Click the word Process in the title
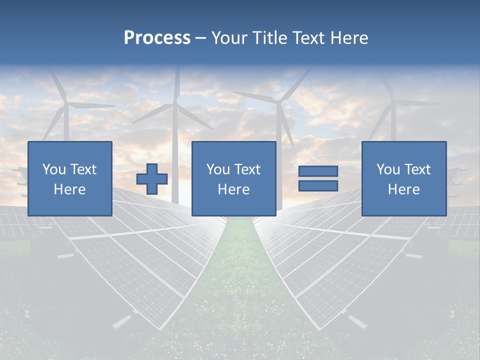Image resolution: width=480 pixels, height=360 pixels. point(157,38)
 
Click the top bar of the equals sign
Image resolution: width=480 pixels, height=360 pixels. point(318,171)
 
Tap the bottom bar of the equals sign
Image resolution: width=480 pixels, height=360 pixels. point(318,186)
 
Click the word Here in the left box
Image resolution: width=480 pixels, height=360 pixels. point(69,189)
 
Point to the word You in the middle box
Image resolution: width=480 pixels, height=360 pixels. point(218,169)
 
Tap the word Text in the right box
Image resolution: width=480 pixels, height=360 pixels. point(418,169)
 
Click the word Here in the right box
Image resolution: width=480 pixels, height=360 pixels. point(403,189)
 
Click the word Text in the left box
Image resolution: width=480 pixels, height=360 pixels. point(83,169)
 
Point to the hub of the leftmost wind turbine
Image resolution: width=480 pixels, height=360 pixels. point(65,104)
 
